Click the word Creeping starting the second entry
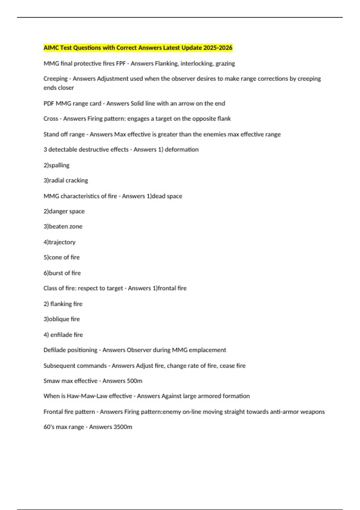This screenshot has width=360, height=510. pyautogui.click(x=55, y=79)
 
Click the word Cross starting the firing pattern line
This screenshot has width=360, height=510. pyautogui.click(x=51, y=119)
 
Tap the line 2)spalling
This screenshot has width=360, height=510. pyautogui.click(x=56, y=165)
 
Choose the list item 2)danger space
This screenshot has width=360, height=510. pyautogui.click(x=64, y=211)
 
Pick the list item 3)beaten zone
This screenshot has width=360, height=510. pyautogui.click(x=63, y=226)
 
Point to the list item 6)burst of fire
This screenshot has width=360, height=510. pyautogui.click(x=62, y=273)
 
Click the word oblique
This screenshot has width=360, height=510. pyautogui.click(x=59, y=319)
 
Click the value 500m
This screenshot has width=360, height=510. pyautogui.click(x=134, y=381)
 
